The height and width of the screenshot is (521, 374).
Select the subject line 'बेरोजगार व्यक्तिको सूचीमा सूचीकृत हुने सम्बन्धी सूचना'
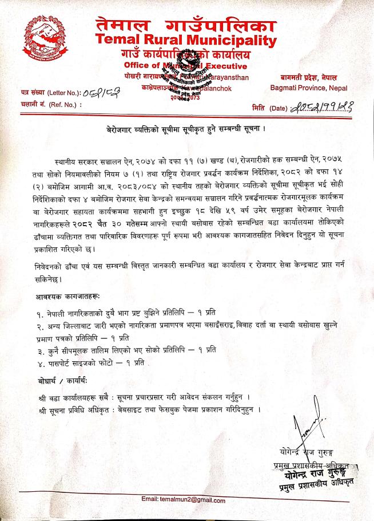point(187,129)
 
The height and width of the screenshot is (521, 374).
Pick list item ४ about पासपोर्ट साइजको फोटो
point(90,364)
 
